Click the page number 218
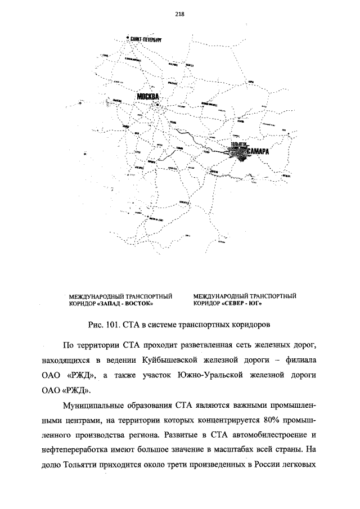tap(180, 14)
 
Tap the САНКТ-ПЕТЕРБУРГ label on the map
tap(146, 39)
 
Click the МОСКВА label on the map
tap(148, 97)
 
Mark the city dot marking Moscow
tap(158, 105)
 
